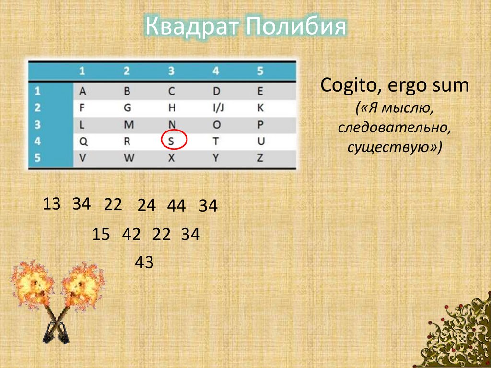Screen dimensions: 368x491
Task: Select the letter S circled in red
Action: [171, 141]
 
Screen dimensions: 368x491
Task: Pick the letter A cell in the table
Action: [82, 91]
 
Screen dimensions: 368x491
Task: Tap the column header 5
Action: [260, 71]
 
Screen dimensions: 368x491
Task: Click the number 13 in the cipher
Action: [52, 204]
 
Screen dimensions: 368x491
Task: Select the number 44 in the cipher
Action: [176, 206]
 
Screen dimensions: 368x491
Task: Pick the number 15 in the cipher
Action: [101, 235]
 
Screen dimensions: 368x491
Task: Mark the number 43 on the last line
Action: [144, 262]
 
